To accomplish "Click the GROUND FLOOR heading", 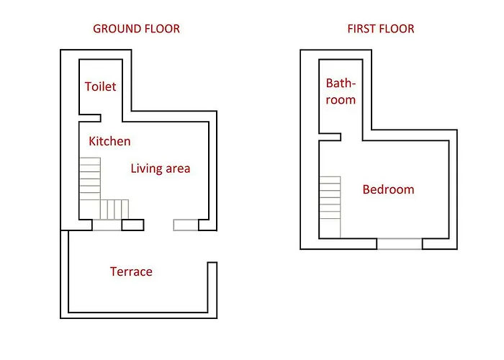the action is [136, 29].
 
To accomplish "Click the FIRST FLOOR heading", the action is [381, 29].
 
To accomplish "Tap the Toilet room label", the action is [100, 86].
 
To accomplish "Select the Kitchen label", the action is [109, 141].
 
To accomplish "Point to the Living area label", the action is [161, 168].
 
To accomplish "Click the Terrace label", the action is [131, 271].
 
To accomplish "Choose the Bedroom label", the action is [388, 189].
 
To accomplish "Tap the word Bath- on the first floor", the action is [341, 84].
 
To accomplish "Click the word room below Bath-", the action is [341, 100].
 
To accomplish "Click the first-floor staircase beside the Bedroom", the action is [330, 207].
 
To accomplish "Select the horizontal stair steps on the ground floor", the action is [114, 210].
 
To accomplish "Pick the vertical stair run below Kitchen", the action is [90, 179].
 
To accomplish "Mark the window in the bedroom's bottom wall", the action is [400, 243].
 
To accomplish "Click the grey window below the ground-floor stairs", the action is [107, 225].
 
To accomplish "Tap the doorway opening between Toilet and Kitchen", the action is [112, 118].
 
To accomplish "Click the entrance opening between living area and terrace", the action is [158, 225].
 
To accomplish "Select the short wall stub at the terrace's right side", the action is [212, 287].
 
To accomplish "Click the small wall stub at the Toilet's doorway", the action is [90, 118].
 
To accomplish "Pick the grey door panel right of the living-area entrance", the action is [186, 225].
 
